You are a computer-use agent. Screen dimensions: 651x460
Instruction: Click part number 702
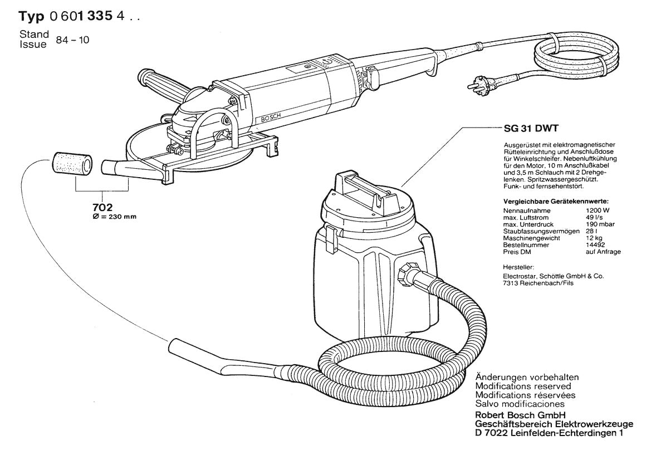tap(102, 208)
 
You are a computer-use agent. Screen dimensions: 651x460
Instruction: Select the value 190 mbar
tap(600, 224)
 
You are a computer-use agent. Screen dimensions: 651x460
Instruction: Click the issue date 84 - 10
tap(72, 40)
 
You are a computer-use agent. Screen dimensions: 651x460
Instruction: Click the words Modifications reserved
tap(523, 386)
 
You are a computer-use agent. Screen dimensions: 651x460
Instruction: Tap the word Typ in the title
tap(32, 17)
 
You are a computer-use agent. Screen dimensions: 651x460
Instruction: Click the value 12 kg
tap(594, 238)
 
